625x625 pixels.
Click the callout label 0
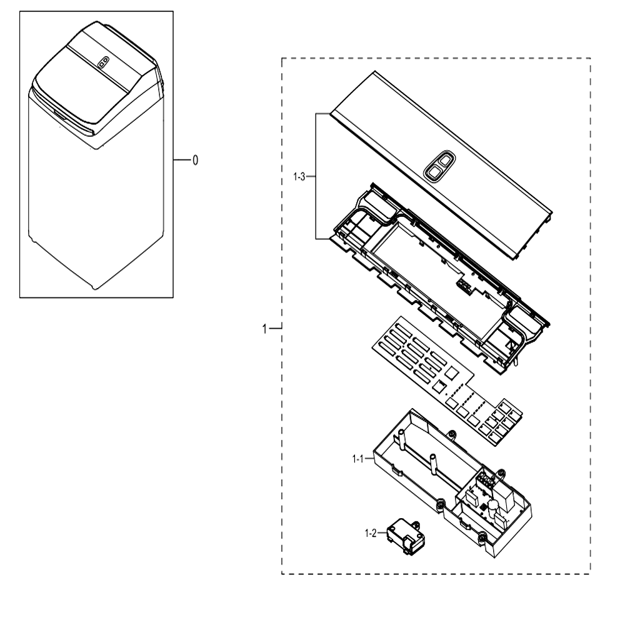pos(195,160)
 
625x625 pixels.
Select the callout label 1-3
pos(299,177)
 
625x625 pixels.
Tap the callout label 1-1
pos(358,459)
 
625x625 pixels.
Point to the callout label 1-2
pos(371,533)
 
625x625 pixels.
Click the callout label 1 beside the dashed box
pos(264,329)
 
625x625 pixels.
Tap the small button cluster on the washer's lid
pos(103,62)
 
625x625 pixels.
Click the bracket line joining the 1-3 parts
pos(316,176)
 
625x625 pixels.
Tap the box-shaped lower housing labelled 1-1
pos(452,483)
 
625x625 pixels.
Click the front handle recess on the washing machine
pos(60,116)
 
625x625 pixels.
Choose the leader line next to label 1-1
pos(369,459)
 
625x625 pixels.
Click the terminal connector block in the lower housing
pos(487,479)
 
